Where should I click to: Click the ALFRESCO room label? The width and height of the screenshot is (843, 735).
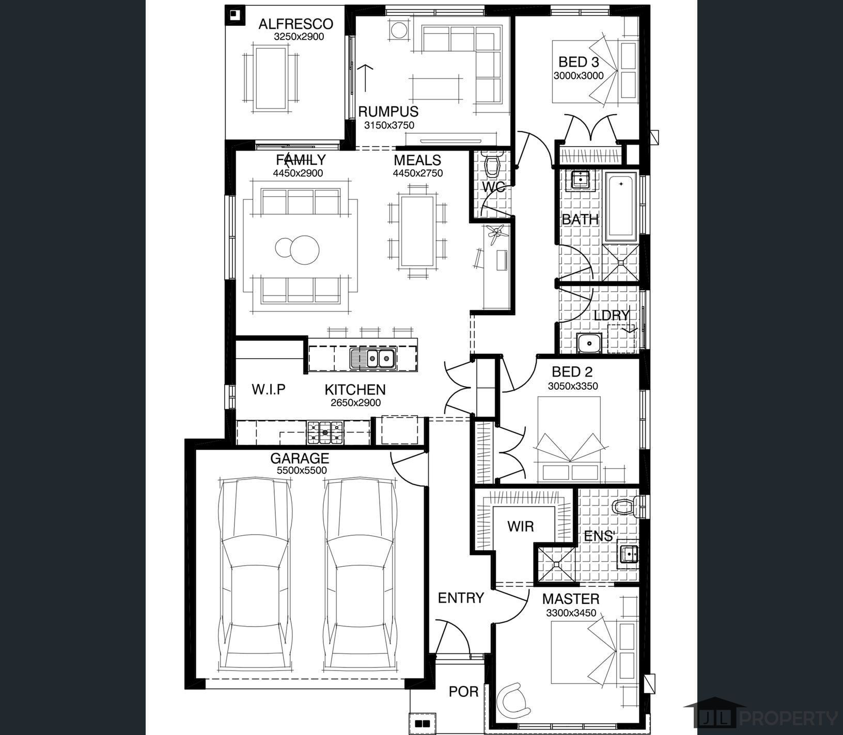295,24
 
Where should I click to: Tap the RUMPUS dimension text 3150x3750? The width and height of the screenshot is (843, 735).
389,125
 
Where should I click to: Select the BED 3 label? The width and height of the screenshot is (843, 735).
579,62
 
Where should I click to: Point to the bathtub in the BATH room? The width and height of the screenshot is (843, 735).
621,207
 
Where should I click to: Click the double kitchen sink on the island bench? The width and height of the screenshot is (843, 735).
372,358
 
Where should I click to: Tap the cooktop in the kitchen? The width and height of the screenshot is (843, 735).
325,433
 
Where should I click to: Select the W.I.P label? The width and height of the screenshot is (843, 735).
269,389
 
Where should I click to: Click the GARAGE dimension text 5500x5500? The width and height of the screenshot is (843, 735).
302,470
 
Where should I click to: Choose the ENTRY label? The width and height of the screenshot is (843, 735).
461,598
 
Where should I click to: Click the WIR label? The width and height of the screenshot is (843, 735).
520,526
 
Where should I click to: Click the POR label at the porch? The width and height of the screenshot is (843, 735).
463,691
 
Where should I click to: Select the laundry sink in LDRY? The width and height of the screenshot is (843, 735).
589,343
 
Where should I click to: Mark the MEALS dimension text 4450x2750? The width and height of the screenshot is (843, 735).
417,173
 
